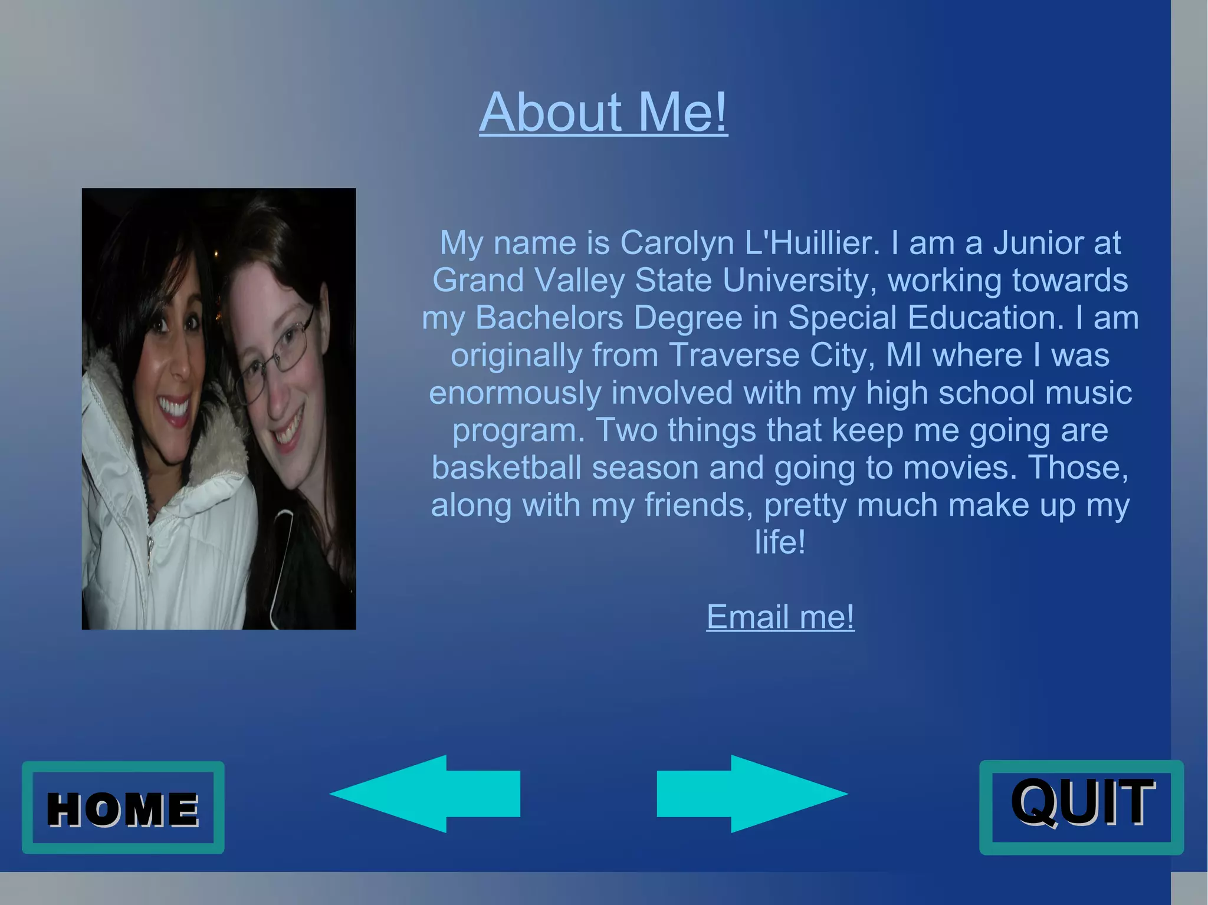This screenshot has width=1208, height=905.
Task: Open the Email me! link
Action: pyautogui.click(x=780, y=617)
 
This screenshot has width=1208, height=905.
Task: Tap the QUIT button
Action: pyautogui.click(x=1081, y=807)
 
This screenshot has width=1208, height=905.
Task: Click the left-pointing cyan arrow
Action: pyautogui.click(x=425, y=794)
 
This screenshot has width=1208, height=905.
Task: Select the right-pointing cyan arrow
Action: pyautogui.click(x=752, y=794)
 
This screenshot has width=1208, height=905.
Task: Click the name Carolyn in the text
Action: pyautogui.click(x=677, y=243)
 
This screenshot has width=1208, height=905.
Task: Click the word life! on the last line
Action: pyautogui.click(x=780, y=542)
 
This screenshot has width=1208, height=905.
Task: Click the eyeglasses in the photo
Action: pyautogui.click(x=277, y=354)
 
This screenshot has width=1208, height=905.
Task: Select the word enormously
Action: pyautogui.click(x=514, y=393)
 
